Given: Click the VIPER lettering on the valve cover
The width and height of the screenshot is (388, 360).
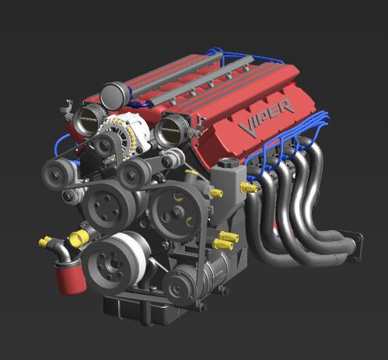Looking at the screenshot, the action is (267, 117).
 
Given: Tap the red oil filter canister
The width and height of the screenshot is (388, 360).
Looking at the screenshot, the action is (70, 277).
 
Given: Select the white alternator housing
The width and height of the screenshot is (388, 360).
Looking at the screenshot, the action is (127, 132).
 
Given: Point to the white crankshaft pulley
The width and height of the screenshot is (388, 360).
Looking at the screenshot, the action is (116, 263).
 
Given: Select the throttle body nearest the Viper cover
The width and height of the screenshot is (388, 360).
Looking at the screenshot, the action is (173, 129).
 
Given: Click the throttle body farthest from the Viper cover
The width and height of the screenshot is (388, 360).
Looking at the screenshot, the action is (89, 119).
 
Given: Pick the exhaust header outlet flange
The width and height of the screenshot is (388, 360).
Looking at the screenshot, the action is (355, 246).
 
